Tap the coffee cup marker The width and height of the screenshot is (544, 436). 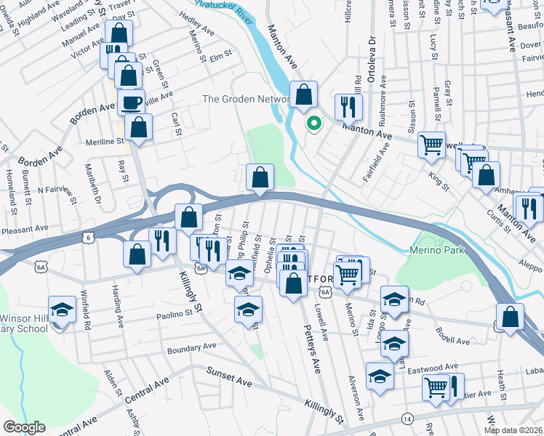click(132, 104)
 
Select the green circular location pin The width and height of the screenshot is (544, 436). click(314, 124)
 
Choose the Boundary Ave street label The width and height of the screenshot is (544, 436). click(192, 347)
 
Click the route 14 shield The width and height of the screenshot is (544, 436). click(407, 419)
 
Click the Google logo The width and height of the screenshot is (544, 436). click(24, 427)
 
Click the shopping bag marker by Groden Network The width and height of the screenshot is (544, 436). click(304, 94)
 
